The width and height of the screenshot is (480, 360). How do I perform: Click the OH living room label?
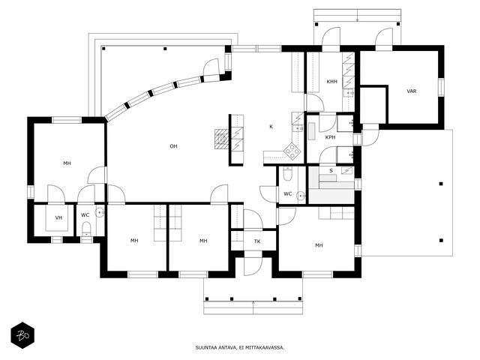tap(173, 146)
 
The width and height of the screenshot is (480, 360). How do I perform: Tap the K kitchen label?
tap(271, 127)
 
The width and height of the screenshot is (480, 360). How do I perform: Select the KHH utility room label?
tap(331, 82)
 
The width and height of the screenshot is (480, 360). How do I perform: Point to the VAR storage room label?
tap(412, 91)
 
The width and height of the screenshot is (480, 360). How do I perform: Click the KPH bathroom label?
tap(330, 137)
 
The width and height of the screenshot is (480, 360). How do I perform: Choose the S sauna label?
tap(331, 171)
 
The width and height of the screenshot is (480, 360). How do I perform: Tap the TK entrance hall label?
tap(257, 241)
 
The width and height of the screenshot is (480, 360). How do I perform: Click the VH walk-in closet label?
tap(58, 217)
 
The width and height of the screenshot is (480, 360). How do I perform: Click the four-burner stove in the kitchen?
tap(292, 151)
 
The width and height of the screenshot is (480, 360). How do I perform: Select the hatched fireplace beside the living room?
tap(222, 139)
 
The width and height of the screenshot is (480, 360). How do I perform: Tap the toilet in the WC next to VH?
tap(87, 229)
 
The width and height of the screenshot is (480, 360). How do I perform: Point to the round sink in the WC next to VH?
tap(100, 212)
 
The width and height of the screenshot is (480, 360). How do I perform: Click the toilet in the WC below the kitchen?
tap(288, 174)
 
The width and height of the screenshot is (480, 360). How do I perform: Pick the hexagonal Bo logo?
tap(22, 335)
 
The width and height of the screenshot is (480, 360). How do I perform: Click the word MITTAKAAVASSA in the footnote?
tap(268, 348)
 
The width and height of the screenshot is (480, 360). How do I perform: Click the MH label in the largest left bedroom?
tap(67, 163)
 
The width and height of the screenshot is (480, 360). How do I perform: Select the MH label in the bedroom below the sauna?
tap(319, 245)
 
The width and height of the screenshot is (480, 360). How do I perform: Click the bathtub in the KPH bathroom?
tap(311, 131)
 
